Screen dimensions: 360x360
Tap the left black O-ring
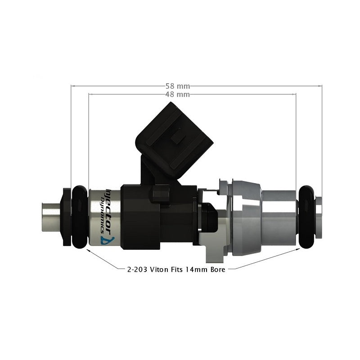click(x=79, y=217)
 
